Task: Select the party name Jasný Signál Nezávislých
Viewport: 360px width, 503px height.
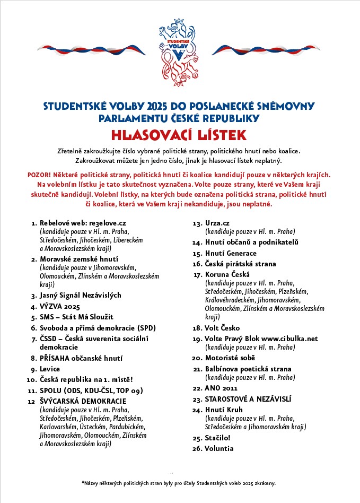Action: point(81,294)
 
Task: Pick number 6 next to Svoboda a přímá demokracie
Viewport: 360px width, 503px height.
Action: point(33,327)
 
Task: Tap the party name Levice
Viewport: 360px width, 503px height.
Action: point(50,369)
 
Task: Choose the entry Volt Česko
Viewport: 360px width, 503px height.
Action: point(223,328)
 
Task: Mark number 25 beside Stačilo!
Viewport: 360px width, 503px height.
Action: point(197,439)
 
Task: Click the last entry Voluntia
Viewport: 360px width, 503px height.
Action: point(219,448)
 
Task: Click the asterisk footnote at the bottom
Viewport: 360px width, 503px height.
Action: point(179,483)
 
